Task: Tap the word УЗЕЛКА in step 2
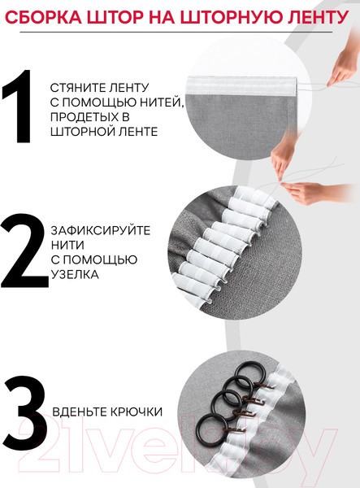pyautogui.click(x=74, y=274)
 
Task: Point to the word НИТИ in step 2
pyautogui.click(x=65, y=245)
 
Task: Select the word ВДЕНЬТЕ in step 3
pyautogui.click(x=79, y=412)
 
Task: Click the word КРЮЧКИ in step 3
pyautogui.click(x=135, y=412)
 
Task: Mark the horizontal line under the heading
pyautogui.click(x=180, y=32)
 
